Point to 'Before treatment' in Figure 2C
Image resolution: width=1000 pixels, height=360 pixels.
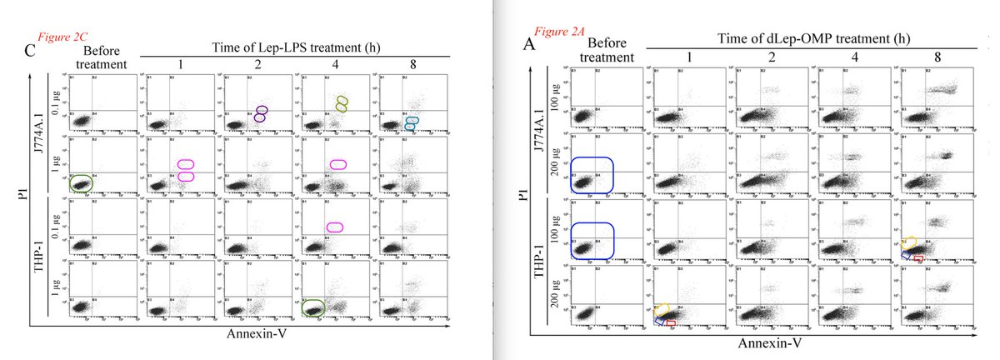(x=97, y=57)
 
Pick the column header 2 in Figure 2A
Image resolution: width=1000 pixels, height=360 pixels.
(x=771, y=57)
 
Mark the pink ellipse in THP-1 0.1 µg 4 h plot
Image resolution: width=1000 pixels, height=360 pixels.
(x=335, y=227)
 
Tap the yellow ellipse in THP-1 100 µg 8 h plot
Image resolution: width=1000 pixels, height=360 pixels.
(x=910, y=242)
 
